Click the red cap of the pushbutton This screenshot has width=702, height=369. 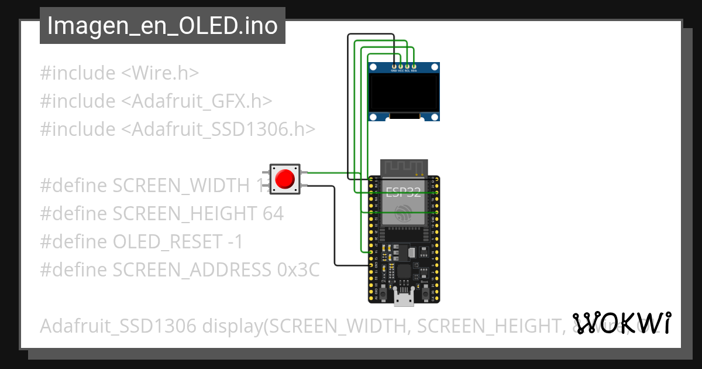[x=285, y=179]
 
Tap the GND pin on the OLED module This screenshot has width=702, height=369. [x=394, y=66]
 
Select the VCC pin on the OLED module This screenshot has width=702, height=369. [x=401, y=66]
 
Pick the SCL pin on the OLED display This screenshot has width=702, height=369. [x=407, y=66]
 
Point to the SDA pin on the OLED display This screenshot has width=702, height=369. [x=414, y=66]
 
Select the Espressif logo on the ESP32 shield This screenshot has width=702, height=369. [x=403, y=213]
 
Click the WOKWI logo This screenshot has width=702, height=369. [x=621, y=323]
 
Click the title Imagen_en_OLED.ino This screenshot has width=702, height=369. [x=162, y=26]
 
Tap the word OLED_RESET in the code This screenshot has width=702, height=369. [x=166, y=242]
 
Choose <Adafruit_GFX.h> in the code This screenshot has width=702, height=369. [x=197, y=101]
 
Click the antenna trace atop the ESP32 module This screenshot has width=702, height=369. [x=404, y=167]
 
